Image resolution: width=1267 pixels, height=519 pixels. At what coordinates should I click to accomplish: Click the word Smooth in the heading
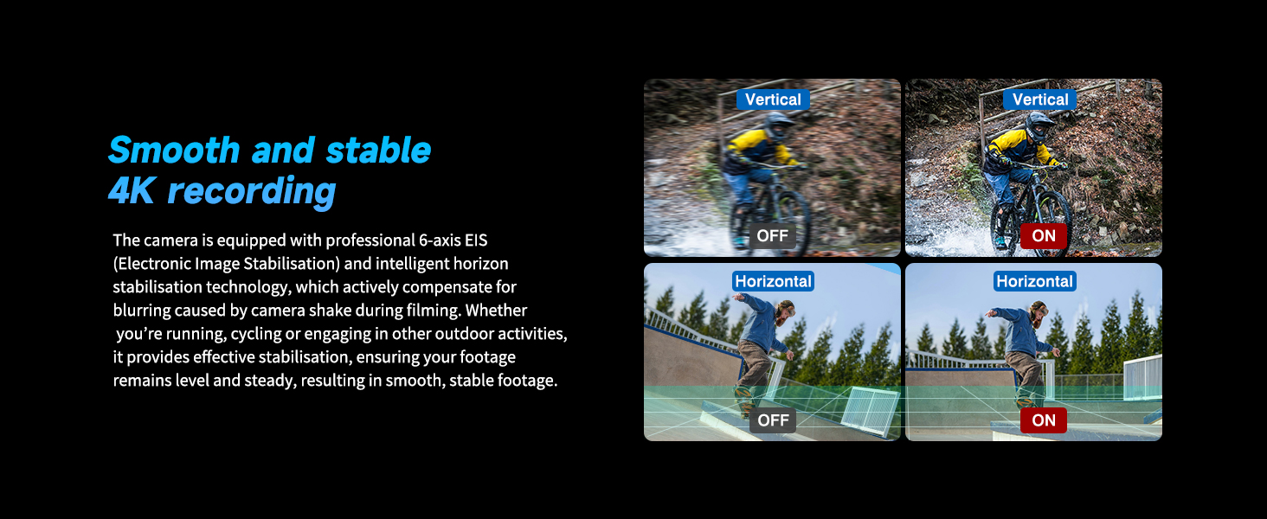[x=174, y=150]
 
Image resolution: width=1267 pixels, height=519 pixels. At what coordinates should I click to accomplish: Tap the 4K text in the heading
[x=131, y=190]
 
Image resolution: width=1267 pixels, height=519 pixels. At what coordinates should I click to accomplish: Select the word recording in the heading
[x=252, y=192]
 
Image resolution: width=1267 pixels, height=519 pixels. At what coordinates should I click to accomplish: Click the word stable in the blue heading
[x=378, y=150]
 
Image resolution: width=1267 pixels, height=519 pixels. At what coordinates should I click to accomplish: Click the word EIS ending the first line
[x=476, y=240]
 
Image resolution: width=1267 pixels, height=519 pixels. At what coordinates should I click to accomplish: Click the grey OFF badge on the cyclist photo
[x=773, y=236]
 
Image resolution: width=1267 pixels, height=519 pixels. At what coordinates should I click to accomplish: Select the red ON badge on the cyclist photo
[x=1044, y=236]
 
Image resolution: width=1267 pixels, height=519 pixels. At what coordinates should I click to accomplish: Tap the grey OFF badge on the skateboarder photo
[x=773, y=420]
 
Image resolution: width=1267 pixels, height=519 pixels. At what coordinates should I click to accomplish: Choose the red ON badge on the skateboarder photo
[x=1044, y=420]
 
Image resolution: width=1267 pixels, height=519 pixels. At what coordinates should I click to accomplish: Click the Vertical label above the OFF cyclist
[x=773, y=99]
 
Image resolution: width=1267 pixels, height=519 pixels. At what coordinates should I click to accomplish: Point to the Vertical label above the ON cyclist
[x=1039, y=99]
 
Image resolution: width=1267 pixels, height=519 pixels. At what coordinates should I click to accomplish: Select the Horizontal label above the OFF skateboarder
[x=773, y=281]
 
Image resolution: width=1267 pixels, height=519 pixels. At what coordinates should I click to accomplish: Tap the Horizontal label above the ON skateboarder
[x=1034, y=281]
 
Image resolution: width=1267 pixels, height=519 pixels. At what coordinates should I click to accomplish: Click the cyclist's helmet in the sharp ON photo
[x=1039, y=125]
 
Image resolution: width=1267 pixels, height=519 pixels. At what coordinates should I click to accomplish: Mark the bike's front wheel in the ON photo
[x=1053, y=218]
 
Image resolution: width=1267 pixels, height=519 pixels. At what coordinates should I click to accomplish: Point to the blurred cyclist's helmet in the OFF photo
[x=777, y=125]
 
